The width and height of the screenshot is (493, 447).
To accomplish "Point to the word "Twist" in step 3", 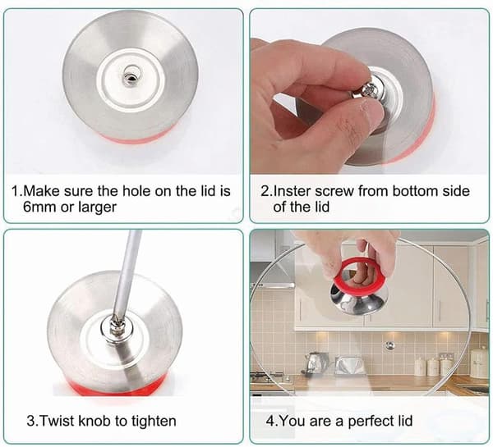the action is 58,421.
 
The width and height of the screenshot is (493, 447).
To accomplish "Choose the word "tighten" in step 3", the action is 154,421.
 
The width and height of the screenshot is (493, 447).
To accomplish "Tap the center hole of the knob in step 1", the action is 129,77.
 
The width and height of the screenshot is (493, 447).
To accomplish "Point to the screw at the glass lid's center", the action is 389,345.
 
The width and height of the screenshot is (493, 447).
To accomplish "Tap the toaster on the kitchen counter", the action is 349,365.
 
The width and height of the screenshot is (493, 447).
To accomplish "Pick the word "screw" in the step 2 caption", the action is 334,191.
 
